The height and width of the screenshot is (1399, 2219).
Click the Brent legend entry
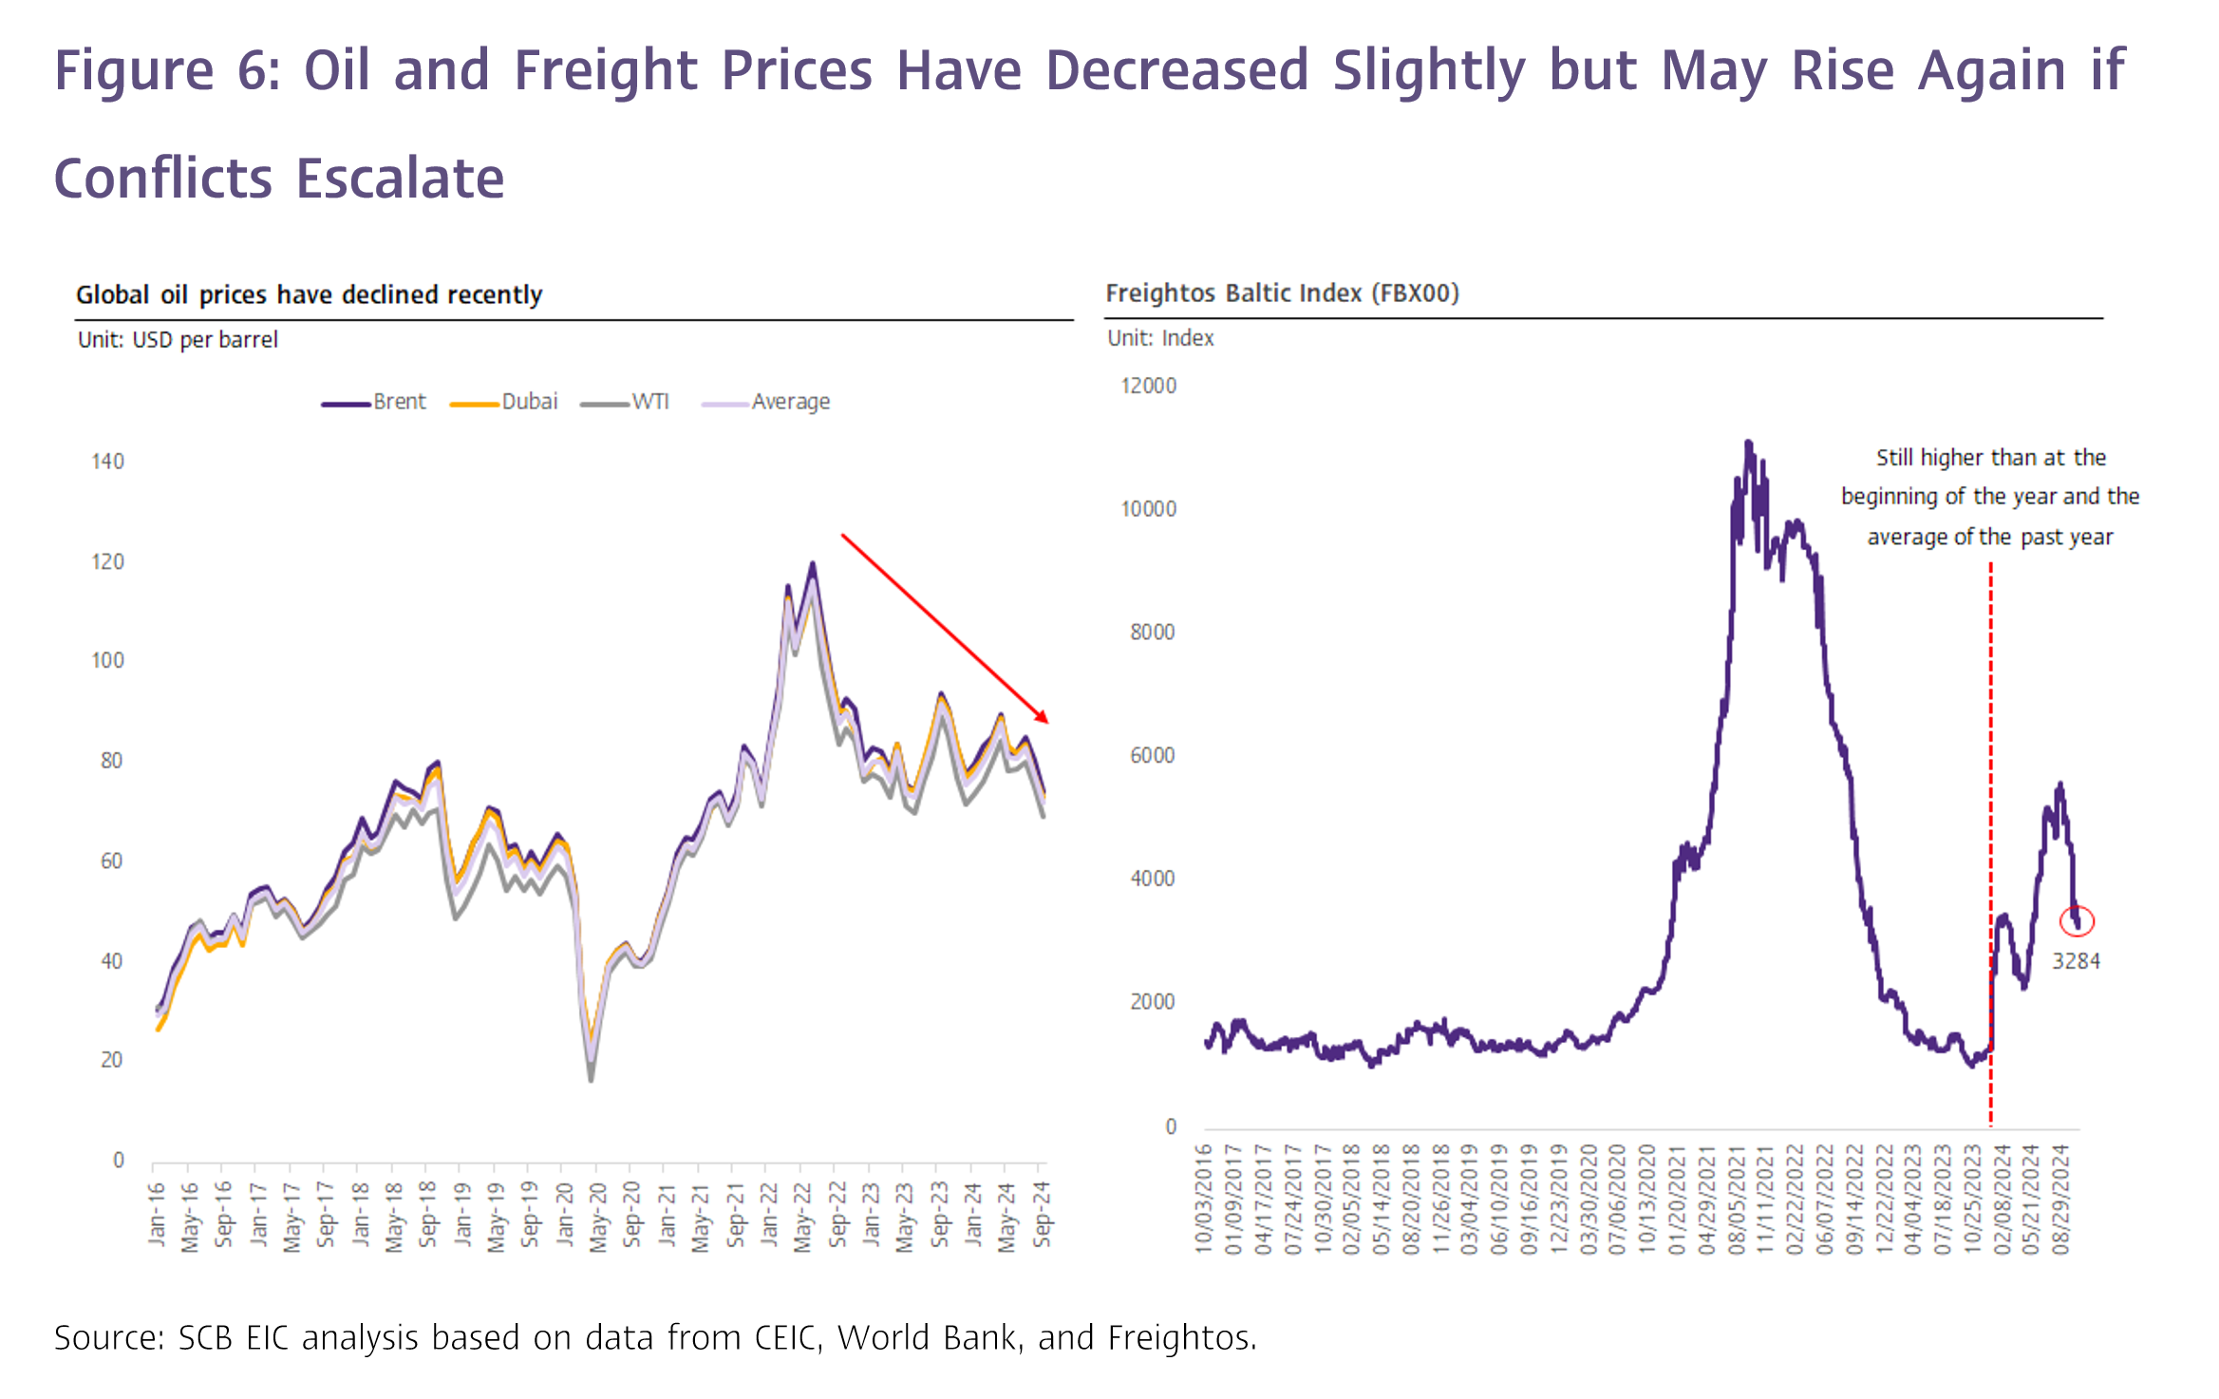coord(374,402)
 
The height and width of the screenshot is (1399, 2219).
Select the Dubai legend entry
coord(504,402)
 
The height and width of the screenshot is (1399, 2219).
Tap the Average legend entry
coord(766,402)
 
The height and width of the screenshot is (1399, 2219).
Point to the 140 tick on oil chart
coord(107,462)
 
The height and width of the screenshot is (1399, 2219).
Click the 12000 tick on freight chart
coord(1148,386)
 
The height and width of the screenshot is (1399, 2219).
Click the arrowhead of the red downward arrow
coord(1043,717)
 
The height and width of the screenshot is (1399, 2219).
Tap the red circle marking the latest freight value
coord(2077,920)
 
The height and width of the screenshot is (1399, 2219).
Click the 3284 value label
coord(2076,961)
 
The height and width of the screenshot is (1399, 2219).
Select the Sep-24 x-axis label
coord(1042,1214)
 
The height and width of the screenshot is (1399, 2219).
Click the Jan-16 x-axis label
coord(157,1214)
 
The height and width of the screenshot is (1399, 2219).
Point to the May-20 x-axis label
coord(597,1217)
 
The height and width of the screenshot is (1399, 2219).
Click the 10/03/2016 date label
coord(1203,1199)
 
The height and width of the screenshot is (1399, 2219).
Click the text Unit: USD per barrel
coord(178,340)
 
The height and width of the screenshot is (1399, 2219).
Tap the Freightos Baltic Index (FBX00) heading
coord(1282,293)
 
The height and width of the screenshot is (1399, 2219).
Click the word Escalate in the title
coord(400,179)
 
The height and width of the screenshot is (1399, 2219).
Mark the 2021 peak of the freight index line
coord(1748,443)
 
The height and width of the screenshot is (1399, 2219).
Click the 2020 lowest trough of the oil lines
coord(591,1078)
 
